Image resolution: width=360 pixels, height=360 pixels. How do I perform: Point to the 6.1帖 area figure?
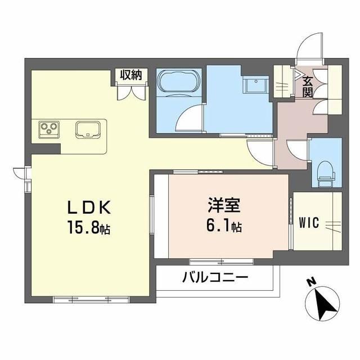(223, 226)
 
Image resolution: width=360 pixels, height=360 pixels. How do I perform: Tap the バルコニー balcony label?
(215, 278)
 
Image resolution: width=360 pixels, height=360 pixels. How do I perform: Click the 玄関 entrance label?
(308, 86)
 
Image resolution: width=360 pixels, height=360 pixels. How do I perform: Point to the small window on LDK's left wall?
(20, 172)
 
